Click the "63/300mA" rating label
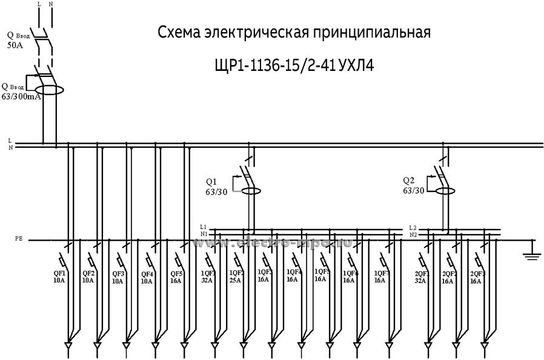21,96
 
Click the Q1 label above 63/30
211,181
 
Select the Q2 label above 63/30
408,181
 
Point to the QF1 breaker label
59,273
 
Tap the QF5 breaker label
176,273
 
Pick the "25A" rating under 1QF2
235,281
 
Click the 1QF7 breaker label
381,273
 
